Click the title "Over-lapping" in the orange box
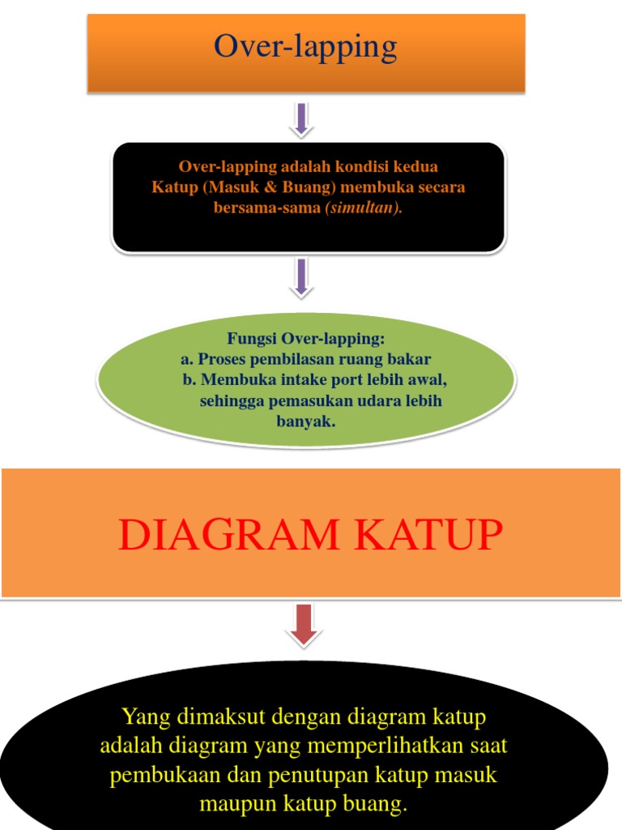click(x=305, y=47)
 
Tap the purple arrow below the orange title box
click(x=301, y=118)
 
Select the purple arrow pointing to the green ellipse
click(x=301, y=277)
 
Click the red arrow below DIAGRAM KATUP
click(x=303, y=624)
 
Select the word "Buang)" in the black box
click(x=310, y=187)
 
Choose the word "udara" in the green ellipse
click(x=382, y=400)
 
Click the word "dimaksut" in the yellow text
click(x=212, y=717)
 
